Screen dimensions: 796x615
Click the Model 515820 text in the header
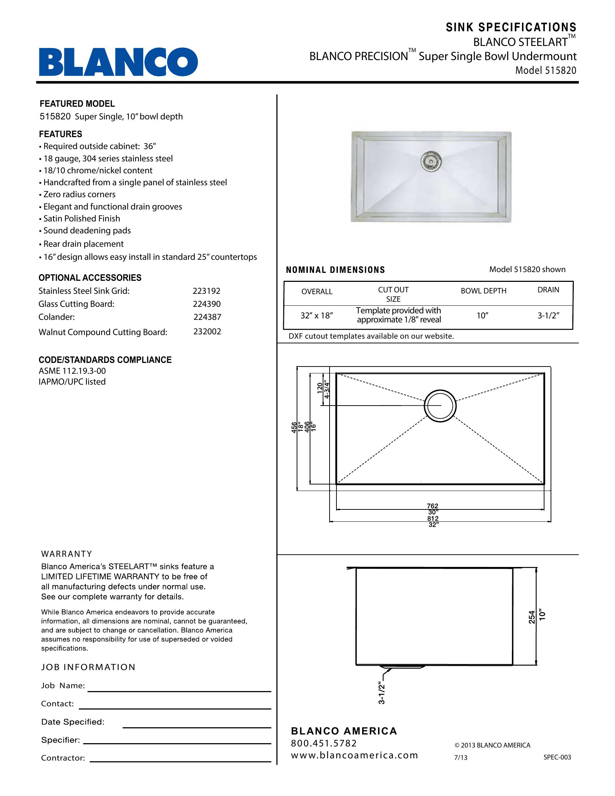546,70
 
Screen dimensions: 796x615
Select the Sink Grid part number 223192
207,291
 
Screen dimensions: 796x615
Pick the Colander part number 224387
207,317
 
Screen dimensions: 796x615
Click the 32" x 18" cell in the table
317,316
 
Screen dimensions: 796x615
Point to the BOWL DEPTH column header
483,291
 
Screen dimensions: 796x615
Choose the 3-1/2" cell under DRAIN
548,316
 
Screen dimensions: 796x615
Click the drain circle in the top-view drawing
440,406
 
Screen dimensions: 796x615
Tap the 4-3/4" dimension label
327,390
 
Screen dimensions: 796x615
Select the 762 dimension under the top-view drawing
432,506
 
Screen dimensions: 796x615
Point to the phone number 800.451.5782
323,743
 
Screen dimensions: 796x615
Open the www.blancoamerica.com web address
354,755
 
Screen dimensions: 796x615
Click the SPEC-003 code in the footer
557,757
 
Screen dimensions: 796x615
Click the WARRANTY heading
67,554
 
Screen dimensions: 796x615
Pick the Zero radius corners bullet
79,195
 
